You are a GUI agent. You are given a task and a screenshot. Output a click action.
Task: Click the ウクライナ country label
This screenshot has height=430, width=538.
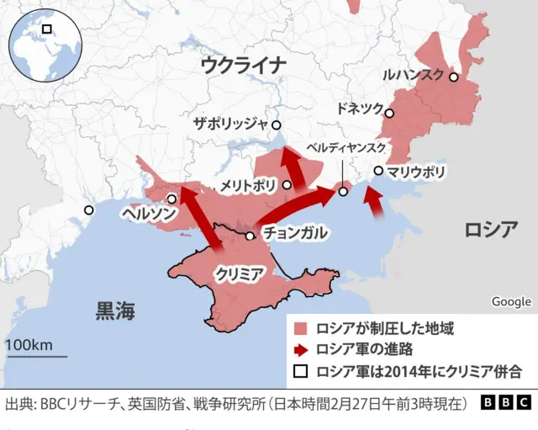point(243,65)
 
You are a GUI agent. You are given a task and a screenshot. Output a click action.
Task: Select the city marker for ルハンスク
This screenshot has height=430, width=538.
point(454,77)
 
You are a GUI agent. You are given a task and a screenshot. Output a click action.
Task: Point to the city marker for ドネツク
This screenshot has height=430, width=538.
point(390,113)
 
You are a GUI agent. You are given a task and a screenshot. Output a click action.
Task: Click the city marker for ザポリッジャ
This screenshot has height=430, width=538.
point(276,125)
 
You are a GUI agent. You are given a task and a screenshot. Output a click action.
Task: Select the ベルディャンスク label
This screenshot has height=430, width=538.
point(346,147)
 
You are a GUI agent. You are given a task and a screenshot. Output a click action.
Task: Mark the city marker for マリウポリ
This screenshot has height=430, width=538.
point(379,171)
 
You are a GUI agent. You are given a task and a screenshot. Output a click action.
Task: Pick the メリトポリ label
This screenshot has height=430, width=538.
point(248,184)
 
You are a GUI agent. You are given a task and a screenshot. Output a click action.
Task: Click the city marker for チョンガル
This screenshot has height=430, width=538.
point(250,236)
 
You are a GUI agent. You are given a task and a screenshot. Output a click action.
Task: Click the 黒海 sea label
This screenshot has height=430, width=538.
point(114,311)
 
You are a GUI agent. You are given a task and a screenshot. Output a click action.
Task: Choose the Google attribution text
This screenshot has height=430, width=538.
point(511,301)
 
